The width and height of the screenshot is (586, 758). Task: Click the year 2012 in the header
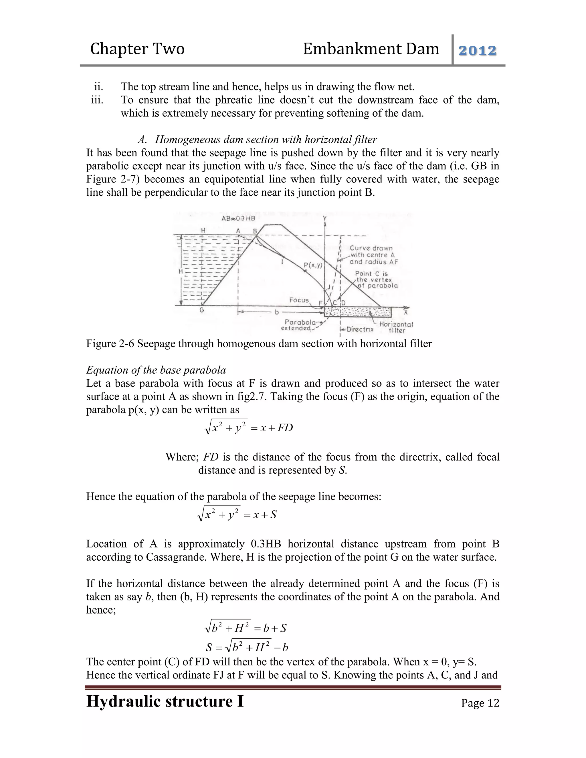coord(477,51)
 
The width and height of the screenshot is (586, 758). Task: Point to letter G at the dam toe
coord(202,310)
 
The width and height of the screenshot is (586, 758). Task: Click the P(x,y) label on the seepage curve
coord(313,265)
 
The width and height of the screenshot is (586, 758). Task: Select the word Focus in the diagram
coord(299,300)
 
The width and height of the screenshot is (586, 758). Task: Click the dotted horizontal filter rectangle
coord(358,312)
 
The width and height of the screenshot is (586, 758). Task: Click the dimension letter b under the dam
coord(277,312)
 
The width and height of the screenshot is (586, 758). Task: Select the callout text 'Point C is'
coord(371,273)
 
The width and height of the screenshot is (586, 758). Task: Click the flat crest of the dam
coord(273,225)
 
